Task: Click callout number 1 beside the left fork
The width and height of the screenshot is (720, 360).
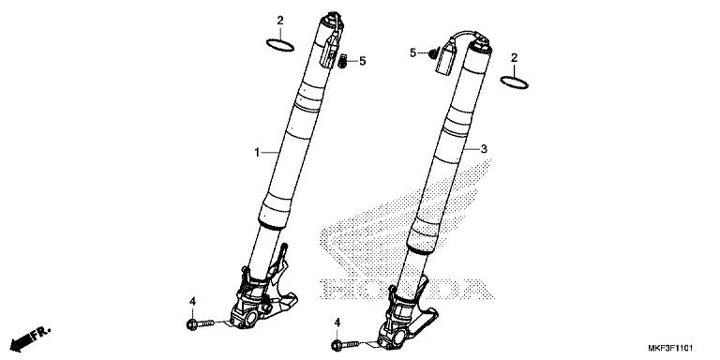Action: (x=256, y=152)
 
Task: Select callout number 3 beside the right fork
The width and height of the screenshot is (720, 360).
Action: (x=484, y=149)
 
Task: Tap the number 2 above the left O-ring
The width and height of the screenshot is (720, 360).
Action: (x=279, y=20)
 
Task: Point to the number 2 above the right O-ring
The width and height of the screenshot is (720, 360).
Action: (x=514, y=58)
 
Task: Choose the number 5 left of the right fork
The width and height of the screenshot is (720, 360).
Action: (x=412, y=53)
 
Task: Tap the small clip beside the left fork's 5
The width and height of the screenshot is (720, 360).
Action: (x=344, y=62)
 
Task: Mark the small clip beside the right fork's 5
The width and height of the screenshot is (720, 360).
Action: (x=431, y=53)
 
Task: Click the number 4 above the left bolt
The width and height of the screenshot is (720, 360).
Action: (x=191, y=301)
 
